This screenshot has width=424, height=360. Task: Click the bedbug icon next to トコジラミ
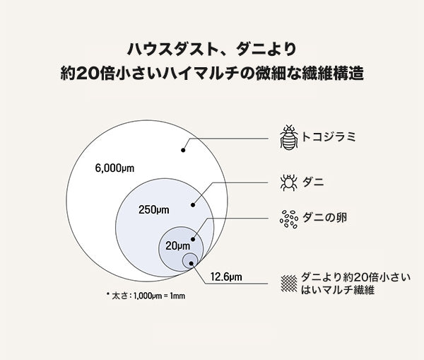pyautogui.click(x=288, y=137)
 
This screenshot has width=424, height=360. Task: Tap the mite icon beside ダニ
pyautogui.click(x=288, y=182)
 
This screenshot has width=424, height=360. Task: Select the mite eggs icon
pyautogui.click(x=288, y=219)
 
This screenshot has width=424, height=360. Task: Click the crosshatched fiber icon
pyautogui.click(x=288, y=282)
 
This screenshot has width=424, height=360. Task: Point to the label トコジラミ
pyautogui.click(x=326, y=137)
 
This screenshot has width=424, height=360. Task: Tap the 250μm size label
pyautogui.click(x=154, y=209)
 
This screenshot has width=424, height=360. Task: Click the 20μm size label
pyautogui.click(x=178, y=246)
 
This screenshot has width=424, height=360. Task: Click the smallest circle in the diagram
pyautogui.click(x=190, y=261)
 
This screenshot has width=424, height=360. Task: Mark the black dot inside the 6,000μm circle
pyautogui.click(x=183, y=150)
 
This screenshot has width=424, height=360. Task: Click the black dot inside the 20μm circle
pyautogui.click(x=193, y=240)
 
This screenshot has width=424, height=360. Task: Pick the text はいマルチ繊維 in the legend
pyautogui.click(x=336, y=290)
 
